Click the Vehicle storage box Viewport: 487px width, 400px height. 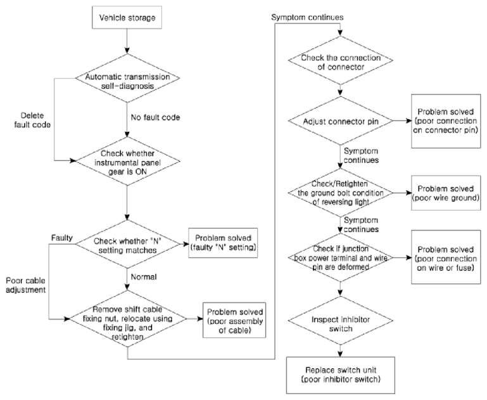coord(127,17)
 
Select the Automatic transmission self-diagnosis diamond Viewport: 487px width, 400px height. coord(127,78)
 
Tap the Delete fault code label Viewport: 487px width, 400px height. coord(32,120)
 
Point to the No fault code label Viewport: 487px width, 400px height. coord(155,117)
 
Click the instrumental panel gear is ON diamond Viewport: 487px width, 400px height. coord(127,162)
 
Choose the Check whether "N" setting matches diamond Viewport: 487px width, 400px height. coord(128,244)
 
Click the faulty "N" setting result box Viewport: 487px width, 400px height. coord(223,243)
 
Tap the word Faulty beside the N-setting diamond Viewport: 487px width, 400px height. coord(62,238)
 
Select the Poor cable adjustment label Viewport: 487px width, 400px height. coord(26,285)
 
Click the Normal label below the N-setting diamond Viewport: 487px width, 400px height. coord(144,277)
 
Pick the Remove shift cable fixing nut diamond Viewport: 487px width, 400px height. coord(127,319)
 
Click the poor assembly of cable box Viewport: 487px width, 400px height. coord(234,320)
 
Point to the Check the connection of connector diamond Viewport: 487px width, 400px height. coord(341,60)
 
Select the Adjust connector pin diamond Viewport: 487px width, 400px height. coord(341,121)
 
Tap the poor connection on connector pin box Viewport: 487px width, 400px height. coord(446,121)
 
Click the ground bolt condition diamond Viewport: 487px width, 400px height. coord(341,193)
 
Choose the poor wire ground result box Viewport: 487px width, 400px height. coord(446,193)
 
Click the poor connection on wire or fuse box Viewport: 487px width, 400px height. coord(446,257)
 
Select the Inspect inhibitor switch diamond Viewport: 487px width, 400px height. coord(341,320)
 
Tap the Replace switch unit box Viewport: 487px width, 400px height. coord(341,375)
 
